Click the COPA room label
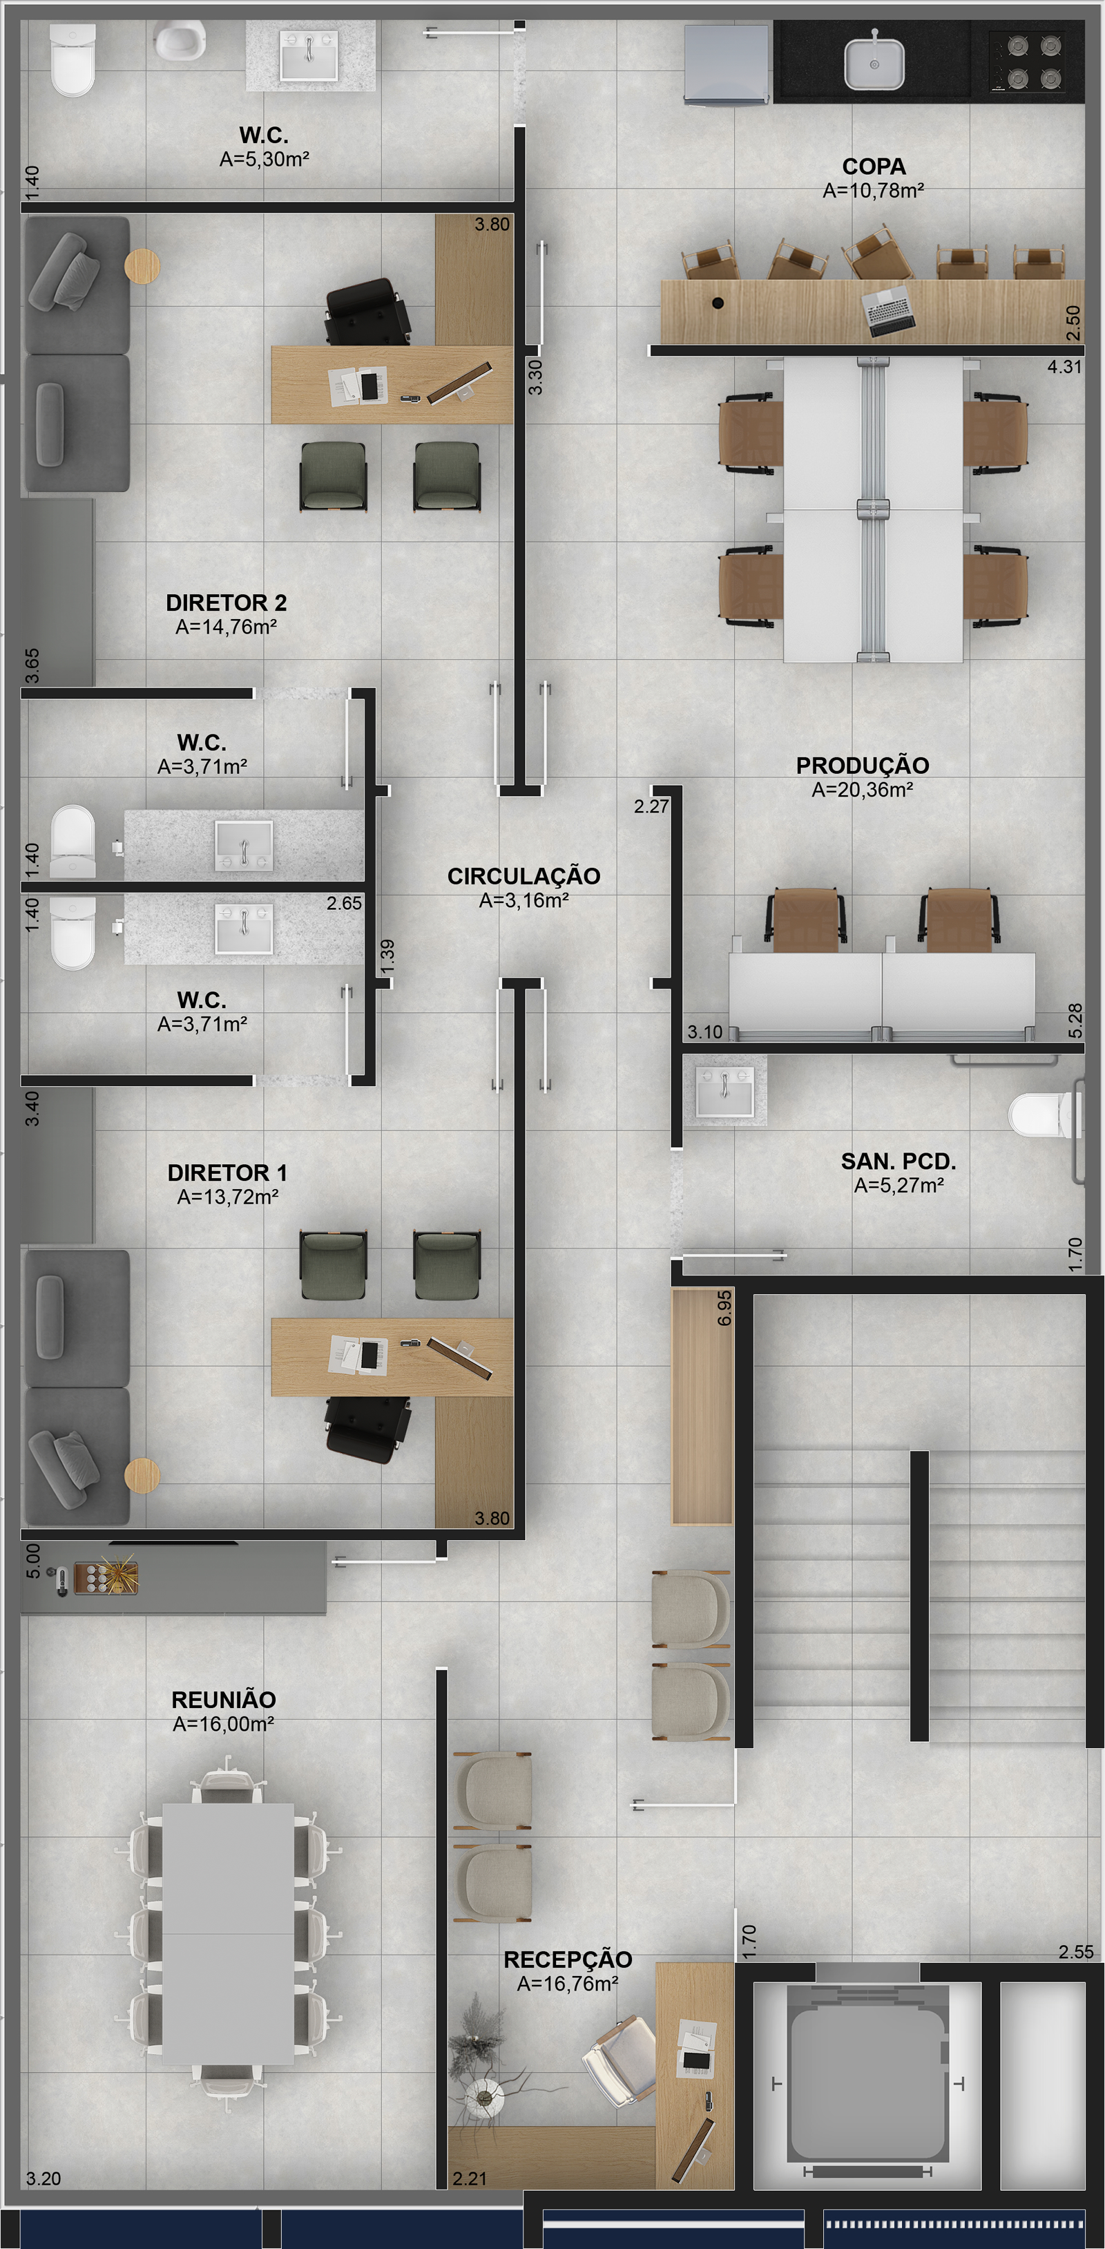coord(873,167)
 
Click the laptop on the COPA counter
coord(889,312)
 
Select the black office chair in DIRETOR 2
coord(367,312)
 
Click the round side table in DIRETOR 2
coord(142,265)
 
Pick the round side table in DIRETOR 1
coord(142,1475)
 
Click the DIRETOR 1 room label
coord(227,1173)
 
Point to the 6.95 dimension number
coord(724,1309)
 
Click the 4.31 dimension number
coord(1064,368)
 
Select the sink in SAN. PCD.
coord(724,1090)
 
